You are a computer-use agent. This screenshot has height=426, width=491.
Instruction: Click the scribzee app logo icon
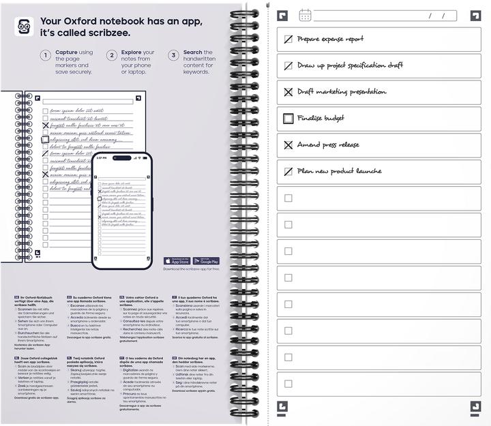[x=24, y=27]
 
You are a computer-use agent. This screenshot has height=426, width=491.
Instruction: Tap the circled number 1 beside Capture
[x=46, y=55]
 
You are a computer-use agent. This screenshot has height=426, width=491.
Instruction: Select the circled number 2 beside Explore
[x=112, y=55]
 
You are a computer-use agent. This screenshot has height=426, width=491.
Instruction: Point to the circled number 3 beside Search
[x=174, y=55]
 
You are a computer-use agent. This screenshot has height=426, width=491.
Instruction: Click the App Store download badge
[x=177, y=261]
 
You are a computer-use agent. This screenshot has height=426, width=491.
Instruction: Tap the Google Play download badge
[x=206, y=261]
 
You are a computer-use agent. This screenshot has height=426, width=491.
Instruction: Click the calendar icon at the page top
[x=305, y=15]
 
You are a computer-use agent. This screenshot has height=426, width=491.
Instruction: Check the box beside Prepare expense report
[x=288, y=40]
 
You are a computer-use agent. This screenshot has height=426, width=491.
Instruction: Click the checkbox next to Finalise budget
[x=288, y=119]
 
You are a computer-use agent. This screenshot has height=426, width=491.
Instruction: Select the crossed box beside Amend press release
[x=288, y=145]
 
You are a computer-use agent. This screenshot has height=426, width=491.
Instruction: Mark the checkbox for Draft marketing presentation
[x=288, y=92]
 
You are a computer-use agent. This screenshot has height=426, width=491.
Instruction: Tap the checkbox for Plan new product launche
[x=288, y=172]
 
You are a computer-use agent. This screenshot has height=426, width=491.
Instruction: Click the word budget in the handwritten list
[x=333, y=119]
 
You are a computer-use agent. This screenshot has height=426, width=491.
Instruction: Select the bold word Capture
[x=66, y=52]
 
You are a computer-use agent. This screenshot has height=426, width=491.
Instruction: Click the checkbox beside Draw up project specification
[x=288, y=66]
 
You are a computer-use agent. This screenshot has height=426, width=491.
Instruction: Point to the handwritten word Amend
[x=309, y=144]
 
